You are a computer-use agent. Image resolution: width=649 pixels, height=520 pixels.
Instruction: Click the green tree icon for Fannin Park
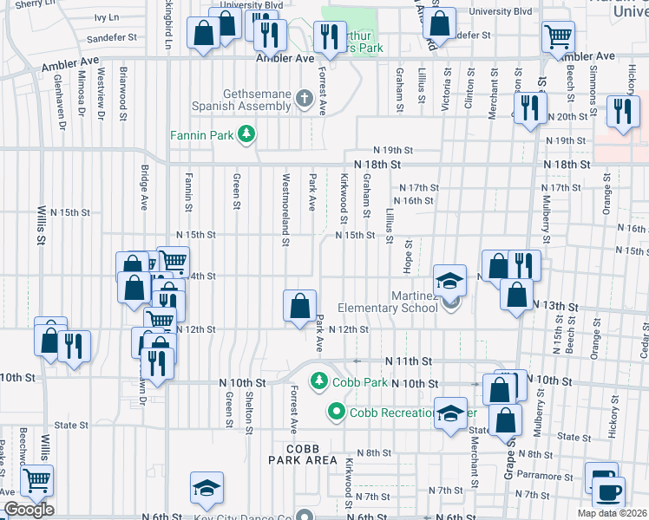[248, 133]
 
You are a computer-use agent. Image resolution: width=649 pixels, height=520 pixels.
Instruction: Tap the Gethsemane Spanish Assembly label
[246, 99]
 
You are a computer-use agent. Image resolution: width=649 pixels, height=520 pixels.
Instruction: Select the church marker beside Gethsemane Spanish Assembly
[304, 99]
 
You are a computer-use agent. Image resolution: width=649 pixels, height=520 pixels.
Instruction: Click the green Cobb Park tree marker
[319, 381]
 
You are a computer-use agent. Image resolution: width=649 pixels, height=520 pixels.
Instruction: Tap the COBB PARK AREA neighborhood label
[302, 459]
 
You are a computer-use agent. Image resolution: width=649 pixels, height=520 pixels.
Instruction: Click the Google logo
[29, 510]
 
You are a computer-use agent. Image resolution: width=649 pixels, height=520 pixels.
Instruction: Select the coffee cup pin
[606, 491]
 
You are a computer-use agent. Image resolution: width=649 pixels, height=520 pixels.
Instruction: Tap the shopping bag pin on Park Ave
[299, 306]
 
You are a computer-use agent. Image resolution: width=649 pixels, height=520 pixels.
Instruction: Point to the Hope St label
[406, 253]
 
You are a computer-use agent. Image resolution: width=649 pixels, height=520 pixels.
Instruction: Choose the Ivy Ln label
[106, 17]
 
